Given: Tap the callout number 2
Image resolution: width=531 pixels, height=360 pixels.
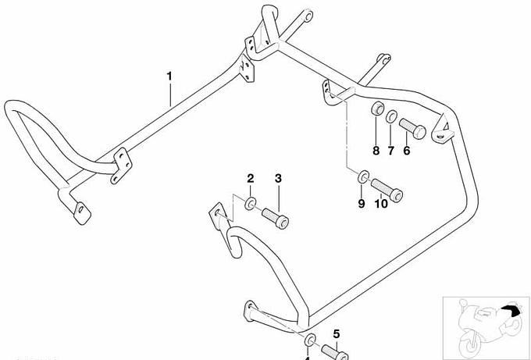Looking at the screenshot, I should click(251, 179).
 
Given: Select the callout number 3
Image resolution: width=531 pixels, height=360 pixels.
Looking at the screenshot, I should click(278, 179).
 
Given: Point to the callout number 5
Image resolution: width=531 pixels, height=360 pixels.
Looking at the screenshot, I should click(337, 333).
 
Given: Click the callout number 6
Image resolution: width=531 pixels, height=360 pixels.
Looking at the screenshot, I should click(406, 151).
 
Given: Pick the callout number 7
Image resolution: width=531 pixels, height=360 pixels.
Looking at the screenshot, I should click(390, 151).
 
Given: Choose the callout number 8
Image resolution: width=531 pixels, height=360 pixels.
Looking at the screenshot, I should click(375, 151).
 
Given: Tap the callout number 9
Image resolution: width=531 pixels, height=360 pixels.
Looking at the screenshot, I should click(361, 204).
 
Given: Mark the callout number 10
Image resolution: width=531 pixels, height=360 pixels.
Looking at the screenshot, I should click(381, 204).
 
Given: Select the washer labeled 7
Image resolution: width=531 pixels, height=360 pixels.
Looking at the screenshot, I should click(390, 118).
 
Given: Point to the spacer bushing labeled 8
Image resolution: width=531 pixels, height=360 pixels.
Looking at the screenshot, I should click(376, 109).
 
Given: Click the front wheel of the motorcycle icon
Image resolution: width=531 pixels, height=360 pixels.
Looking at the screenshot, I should click(471, 344).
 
